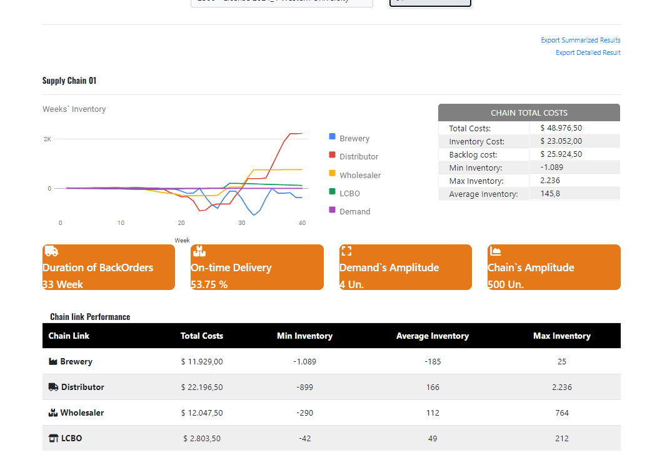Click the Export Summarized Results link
(580, 40)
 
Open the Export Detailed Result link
(588, 52)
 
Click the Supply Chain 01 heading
(69, 81)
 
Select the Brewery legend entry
(354, 139)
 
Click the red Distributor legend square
(333, 155)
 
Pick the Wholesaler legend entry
(359, 176)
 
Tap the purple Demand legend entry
(354, 212)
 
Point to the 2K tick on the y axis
(48, 139)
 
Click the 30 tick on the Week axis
(241, 223)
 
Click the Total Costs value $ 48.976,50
(561, 128)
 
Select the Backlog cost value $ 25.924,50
(561, 154)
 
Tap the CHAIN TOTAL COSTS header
(529, 113)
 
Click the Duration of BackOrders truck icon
(52, 251)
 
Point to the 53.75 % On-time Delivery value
(209, 284)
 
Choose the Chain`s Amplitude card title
(531, 267)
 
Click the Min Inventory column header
(304, 336)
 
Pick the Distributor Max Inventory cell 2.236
(561, 387)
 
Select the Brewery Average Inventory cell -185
(433, 362)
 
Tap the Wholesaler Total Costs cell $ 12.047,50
(201, 413)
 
